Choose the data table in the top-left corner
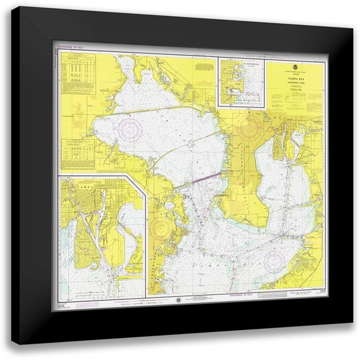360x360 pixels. tap(77, 74)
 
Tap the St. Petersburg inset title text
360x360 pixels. tap(241, 62)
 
